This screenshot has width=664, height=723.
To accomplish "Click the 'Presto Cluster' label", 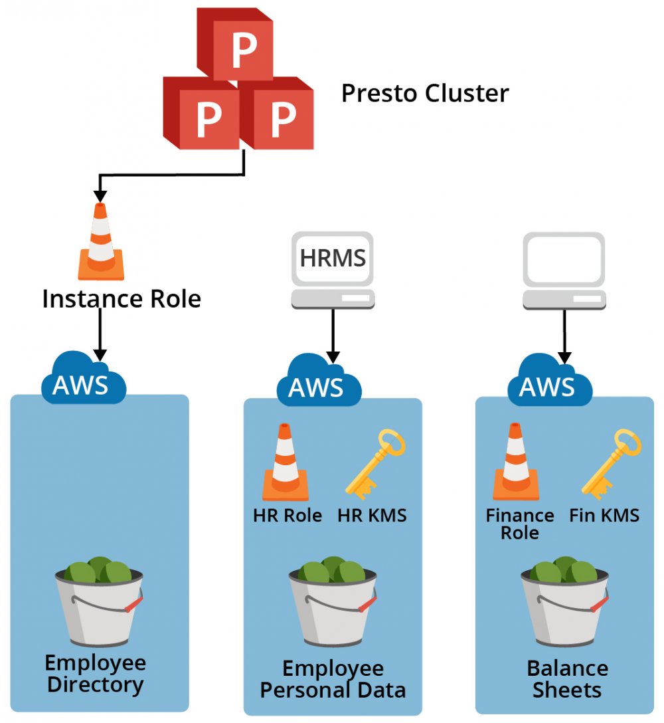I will pos(425,93).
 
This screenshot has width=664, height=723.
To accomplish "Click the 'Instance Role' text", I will pos(122,299).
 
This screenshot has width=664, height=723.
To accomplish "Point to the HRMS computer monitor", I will pos(333,259).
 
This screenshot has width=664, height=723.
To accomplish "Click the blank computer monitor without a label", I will pos(564,259).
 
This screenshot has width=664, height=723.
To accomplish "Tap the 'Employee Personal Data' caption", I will pos(333,678).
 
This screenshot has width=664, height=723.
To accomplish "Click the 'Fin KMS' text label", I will pos(604,516).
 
